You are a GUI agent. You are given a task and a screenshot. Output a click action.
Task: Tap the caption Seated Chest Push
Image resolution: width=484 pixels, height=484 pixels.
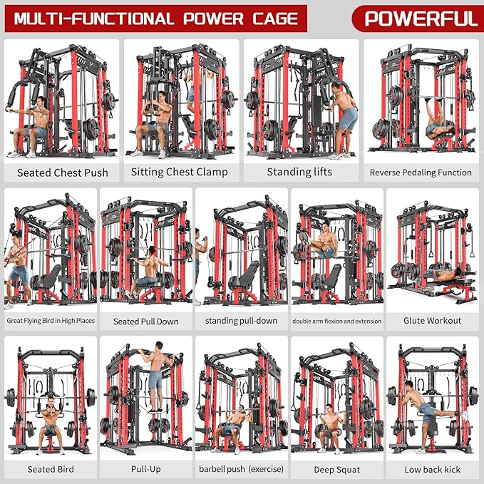click(x=63, y=173)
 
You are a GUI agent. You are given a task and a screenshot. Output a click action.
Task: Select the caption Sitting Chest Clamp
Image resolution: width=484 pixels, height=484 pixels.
click(x=180, y=172)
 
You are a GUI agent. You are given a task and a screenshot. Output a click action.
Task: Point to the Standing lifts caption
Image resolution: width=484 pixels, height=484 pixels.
click(x=299, y=172)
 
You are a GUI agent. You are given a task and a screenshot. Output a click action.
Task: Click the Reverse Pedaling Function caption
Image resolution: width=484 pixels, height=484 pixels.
click(x=421, y=173)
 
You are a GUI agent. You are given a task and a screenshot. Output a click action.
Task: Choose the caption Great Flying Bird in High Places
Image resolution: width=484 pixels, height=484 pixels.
click(x=51, y=321)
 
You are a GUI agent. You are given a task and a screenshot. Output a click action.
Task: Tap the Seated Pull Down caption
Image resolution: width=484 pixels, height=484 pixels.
click(x=145, y=321)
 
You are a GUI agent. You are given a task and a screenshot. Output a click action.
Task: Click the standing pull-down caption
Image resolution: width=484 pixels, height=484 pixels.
click(x=241, y=321)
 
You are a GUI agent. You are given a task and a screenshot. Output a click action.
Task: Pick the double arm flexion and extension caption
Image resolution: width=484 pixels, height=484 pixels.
click(x=336, y=321)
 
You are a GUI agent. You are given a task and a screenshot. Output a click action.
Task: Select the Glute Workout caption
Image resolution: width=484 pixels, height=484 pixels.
click(x=432, y=321)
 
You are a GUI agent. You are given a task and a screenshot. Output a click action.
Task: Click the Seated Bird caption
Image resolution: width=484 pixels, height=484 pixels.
click(x=51, y=469)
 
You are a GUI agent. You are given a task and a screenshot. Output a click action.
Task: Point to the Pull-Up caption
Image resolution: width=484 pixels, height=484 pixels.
click(x=145, y=469)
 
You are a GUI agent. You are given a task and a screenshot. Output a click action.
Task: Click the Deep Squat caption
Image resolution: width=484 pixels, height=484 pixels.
click(x=336, y=470)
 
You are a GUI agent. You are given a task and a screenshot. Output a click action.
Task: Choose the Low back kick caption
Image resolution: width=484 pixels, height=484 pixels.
click(x=432, y=469)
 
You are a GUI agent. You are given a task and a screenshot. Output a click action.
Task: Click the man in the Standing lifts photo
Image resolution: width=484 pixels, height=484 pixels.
click(x=346, y=114)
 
